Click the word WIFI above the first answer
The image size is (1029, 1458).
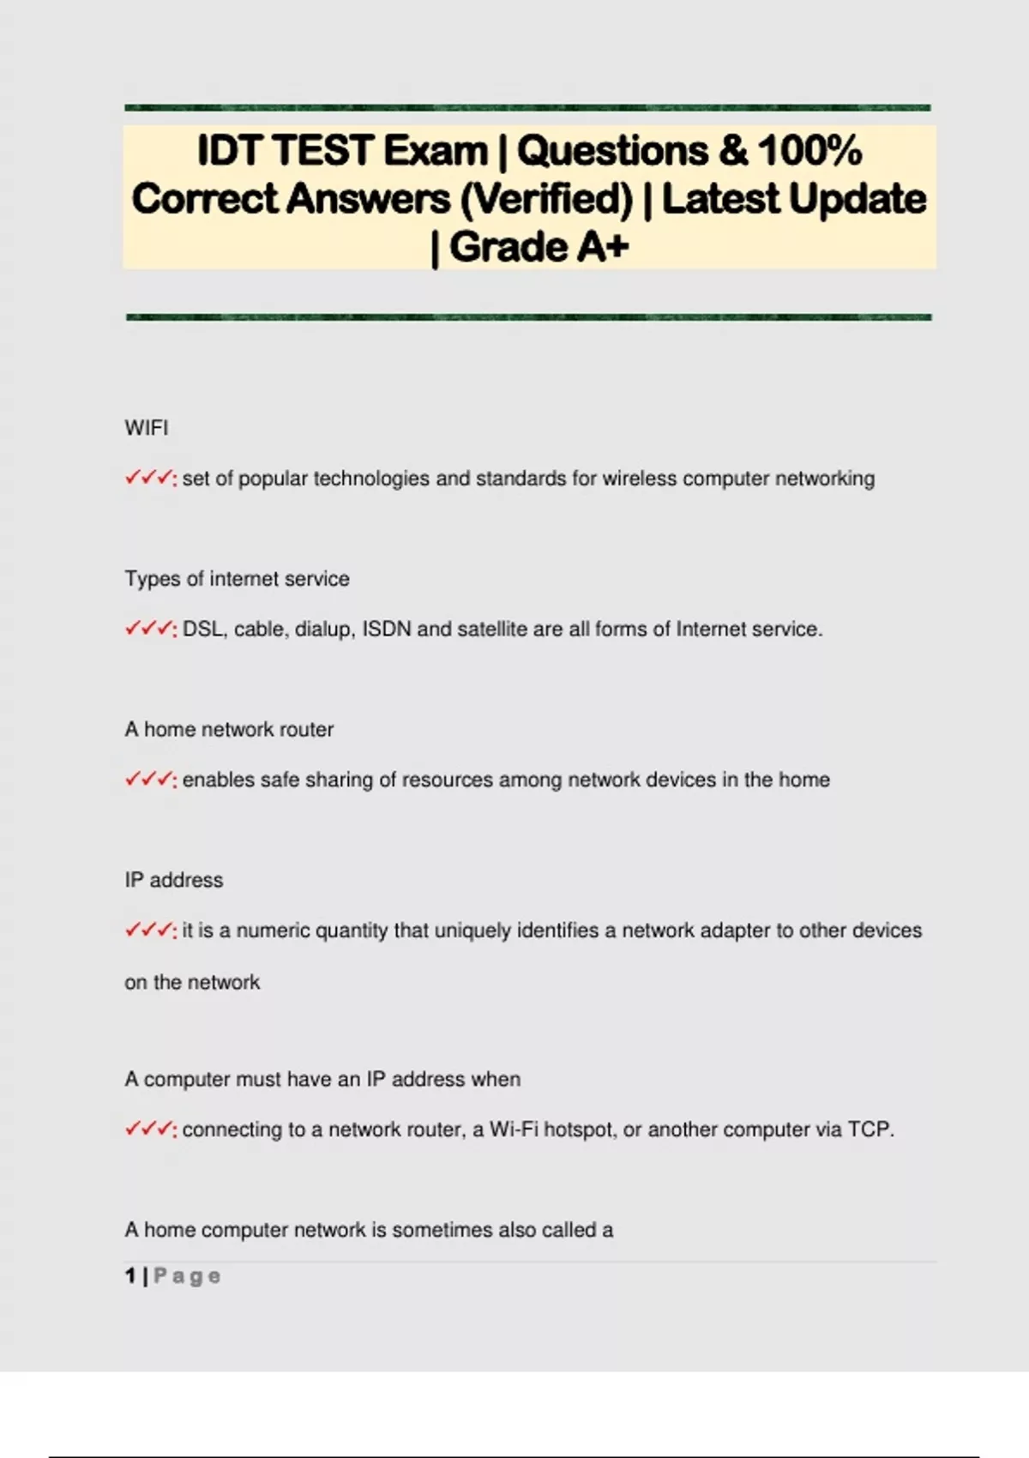tap(147, 428)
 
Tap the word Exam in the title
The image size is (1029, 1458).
tap(435, 151)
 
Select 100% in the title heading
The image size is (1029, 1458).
tap(809, 151)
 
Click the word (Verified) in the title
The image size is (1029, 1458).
tap(546, 199)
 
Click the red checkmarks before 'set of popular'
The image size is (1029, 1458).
tap(149, 478)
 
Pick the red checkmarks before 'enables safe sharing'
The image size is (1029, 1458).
tap(149, 780)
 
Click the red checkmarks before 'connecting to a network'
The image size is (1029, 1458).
tap(149, 1130)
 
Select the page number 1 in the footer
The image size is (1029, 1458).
tap(130, 1276)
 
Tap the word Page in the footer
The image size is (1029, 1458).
tap(187, 1276)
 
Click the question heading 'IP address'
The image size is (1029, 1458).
tap(173, 880)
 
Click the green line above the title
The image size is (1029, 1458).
tap(527, 108)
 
